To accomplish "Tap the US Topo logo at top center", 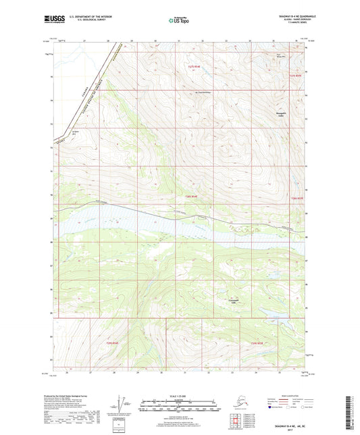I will coord(179,22).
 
